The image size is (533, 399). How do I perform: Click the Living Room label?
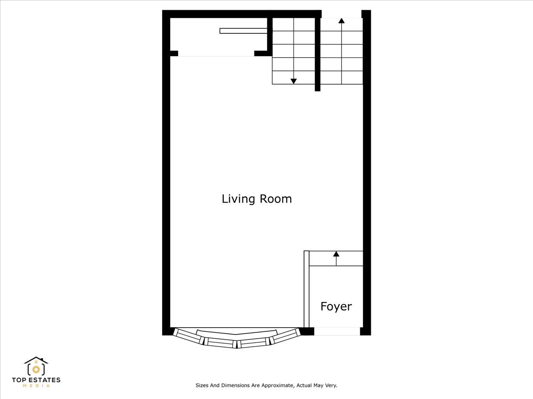[x=257, y=199]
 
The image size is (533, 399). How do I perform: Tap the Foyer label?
[x=336, y=306]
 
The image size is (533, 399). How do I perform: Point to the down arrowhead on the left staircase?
[x=294, y=81]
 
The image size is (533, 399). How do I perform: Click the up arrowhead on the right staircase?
[x=341, y=20]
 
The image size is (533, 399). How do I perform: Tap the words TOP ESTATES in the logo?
[x=36, y=380]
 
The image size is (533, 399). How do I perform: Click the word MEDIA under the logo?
[x=36, y=386]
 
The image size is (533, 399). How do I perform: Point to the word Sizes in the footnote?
[x=203, y=386]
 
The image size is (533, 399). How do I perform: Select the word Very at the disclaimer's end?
[x=331, y=386]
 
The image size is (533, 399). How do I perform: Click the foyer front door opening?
[x=337, y=331]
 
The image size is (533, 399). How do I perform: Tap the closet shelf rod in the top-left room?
[x=243, y=31]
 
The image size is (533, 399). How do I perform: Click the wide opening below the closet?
[x=216, y=54]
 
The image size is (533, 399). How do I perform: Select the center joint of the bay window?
[x=237, y=343]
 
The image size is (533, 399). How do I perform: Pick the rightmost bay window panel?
[x=285, y=336]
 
